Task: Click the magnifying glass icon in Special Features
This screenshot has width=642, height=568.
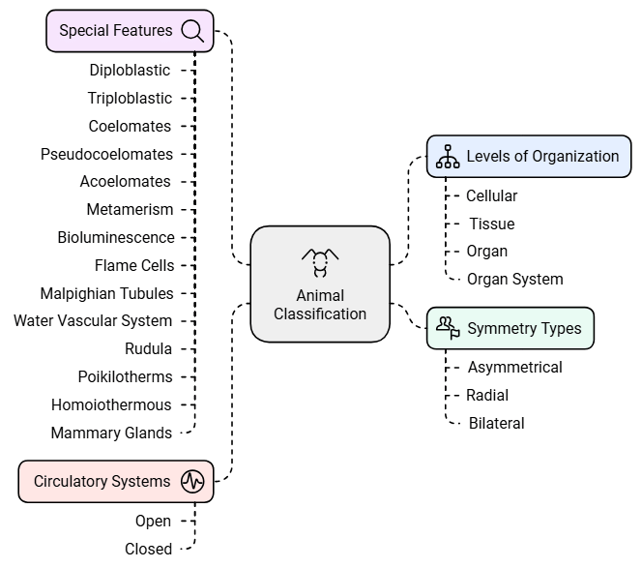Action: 192,31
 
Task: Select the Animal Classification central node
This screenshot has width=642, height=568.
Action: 320,284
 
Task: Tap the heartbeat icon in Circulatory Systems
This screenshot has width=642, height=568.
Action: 192,481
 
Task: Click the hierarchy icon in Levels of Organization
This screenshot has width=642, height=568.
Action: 448,157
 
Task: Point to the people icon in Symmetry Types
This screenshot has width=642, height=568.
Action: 448,328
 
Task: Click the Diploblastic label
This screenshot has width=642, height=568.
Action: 130,70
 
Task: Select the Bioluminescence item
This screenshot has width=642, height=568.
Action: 116,237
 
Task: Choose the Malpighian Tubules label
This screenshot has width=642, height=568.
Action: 106,293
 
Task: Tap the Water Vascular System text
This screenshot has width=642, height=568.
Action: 93,320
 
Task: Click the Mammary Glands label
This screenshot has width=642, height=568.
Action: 111,433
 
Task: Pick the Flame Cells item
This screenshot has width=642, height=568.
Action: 134,265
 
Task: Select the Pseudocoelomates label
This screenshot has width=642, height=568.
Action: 106,154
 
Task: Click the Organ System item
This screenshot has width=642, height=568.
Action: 514,279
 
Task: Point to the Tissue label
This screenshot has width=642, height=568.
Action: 491,224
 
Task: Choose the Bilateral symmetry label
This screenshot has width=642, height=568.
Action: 496,423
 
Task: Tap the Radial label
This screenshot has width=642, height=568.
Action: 487,395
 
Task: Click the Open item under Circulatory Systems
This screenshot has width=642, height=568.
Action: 153,521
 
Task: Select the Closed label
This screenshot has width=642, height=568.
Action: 148,549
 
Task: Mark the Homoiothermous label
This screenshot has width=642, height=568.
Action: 111,404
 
